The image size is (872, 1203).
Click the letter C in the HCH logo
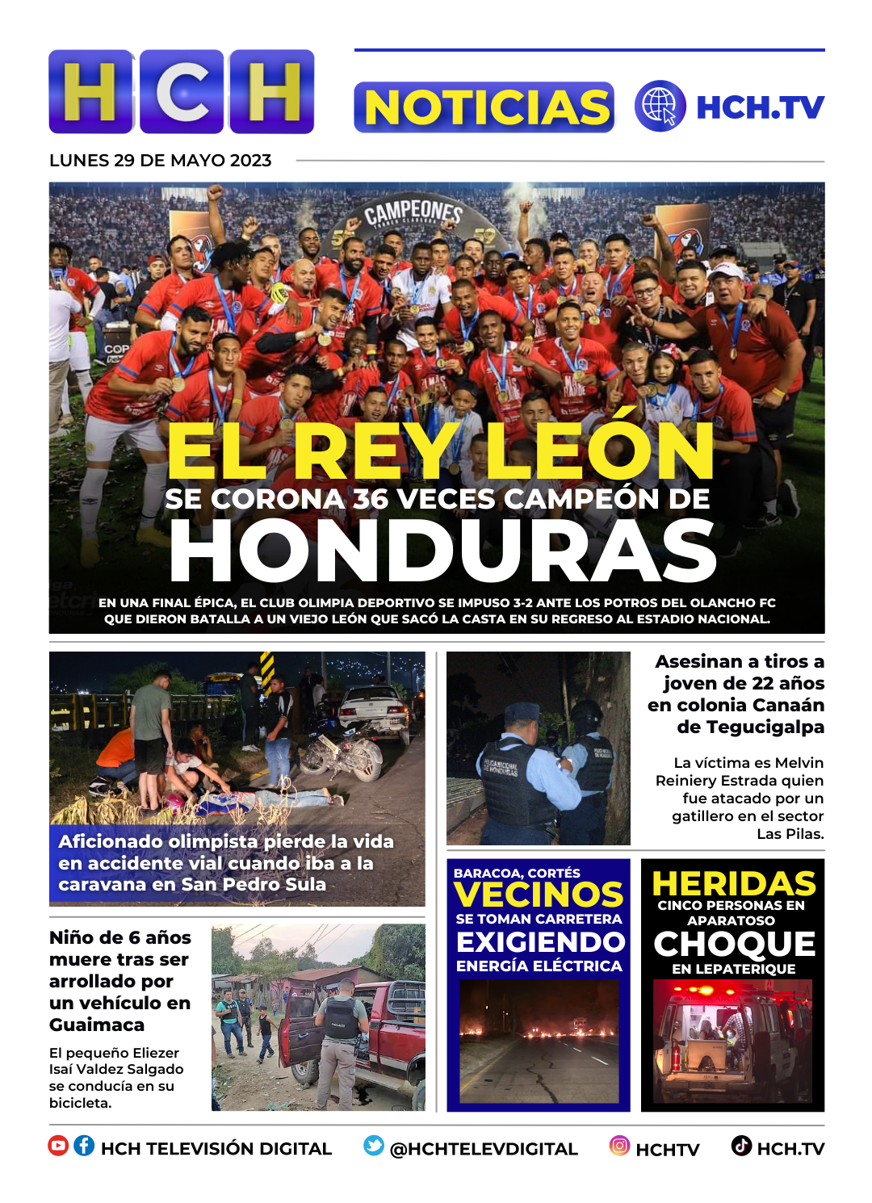(x=182, y=91)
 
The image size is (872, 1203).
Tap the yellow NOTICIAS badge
(x=484, y=107)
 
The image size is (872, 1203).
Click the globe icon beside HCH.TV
(x=660, y=106)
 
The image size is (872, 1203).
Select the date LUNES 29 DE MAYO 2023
(x=160, y=161)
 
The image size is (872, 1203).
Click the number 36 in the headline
(x=371, y=499)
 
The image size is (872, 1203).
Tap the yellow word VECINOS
(x=539, y=895)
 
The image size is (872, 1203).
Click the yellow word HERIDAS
(x=733, y=883)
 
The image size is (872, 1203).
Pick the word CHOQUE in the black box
(x=734, y=944)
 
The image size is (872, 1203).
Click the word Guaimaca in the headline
(x=97, y=1025)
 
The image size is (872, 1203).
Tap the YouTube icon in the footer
(x=58, y=1146)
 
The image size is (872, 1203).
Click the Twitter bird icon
(x=373, y=1146)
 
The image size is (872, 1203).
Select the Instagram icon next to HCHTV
(x=619, y=1146)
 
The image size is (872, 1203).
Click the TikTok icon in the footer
(x=741, y=1146)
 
